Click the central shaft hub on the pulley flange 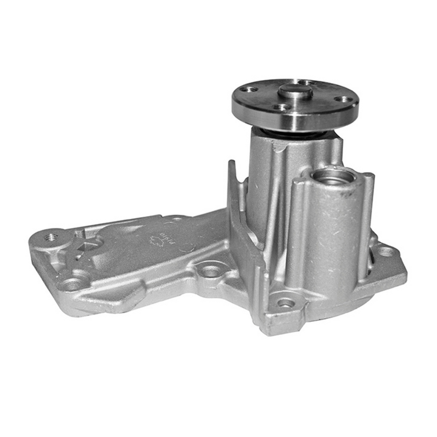pos(294,92)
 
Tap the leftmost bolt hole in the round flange pos(248,89)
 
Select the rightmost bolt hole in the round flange pos(341,99)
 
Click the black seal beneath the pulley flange pos(294,133)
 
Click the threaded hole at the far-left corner pos(51,237)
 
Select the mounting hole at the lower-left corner pos(71,283)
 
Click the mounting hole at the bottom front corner pos(285,303)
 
